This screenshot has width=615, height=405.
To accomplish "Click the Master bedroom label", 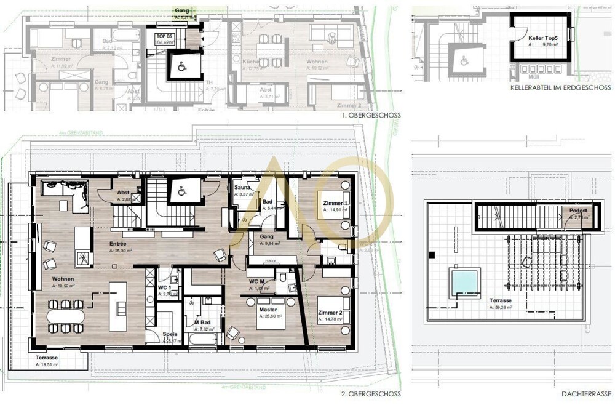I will tap(267, 310).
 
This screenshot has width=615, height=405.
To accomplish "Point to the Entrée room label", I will tap(121, 244).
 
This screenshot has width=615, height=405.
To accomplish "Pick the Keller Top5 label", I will tap(539, 38).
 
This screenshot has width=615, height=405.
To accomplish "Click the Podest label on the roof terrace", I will tap(578, 211).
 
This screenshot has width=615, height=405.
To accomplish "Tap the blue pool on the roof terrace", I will tap(464, 282).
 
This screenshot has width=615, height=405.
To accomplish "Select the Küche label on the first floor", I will tap(250, 62).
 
